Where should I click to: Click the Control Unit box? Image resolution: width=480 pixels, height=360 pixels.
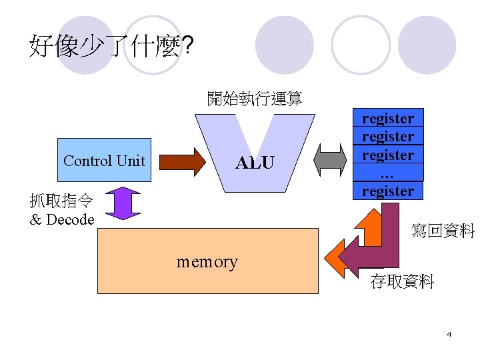[105, 160]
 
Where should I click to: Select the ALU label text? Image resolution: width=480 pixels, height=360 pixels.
[254, 163]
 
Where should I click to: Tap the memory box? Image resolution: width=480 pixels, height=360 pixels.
[207, 261]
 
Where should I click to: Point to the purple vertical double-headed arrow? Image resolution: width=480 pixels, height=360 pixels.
[123, 203]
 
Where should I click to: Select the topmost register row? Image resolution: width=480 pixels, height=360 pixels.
[388, 118]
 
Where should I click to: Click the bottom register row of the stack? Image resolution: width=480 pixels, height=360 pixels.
[388, 191]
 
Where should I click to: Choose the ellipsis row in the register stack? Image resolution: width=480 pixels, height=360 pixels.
[388, 173]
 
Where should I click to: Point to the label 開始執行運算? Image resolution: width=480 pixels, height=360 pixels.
[254, 99]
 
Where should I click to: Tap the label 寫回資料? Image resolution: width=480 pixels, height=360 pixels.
[443, 231]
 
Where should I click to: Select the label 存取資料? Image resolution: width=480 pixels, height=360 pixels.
[402, 281]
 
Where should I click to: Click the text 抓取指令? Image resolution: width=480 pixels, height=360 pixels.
[61, 200]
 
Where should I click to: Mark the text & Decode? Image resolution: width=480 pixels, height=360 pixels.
[62, 219]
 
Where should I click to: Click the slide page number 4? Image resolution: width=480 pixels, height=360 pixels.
[449, 333]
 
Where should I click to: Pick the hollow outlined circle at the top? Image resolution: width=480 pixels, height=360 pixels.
[361, 45]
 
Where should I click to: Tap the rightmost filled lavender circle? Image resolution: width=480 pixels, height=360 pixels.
[427, 45]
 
